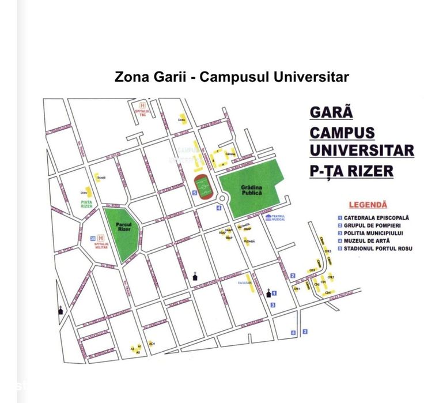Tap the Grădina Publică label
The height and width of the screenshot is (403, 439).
[x=251, y=191]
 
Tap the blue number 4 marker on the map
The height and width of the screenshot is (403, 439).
[x=218, y=208]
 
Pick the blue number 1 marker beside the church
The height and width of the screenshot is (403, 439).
[x=274, y=293]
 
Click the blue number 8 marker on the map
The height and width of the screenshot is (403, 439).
[x=293, y=333]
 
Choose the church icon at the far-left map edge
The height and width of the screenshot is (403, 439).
[x=60, y=311]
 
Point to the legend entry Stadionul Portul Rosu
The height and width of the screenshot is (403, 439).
[x=379, y=248]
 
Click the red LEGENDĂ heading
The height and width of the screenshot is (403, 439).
[x=368, y=205]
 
